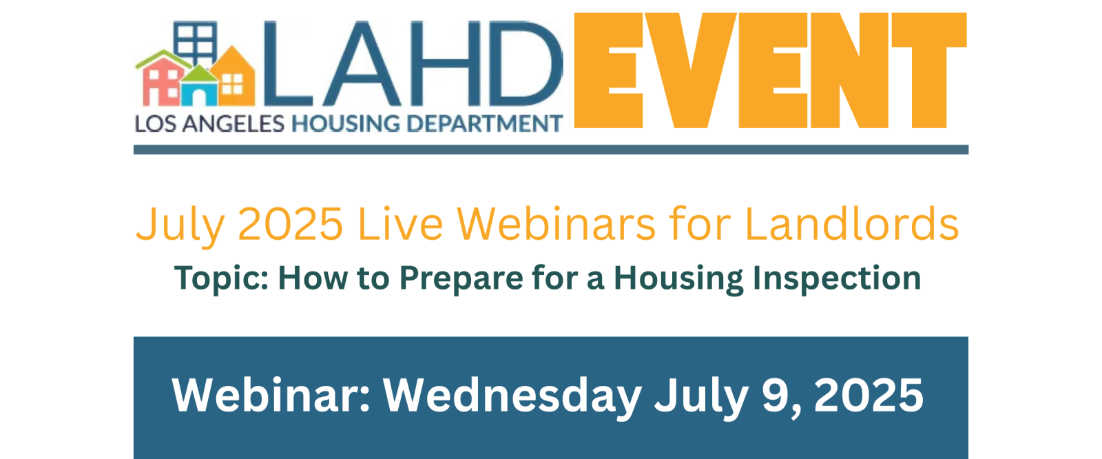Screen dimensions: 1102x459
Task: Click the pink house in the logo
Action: pos(160,81)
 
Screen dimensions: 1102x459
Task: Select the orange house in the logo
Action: pos(233,76)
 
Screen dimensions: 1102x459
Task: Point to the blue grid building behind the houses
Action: pos(196,42)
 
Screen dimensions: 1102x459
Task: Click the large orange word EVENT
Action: pos(771,70)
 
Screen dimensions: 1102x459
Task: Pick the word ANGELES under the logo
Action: pos(233,123)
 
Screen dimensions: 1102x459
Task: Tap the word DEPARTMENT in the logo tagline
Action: pos(485,123)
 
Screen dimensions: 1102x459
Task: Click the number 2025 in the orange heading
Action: pos(290,224)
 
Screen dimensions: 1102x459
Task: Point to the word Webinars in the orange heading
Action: pos(556,224)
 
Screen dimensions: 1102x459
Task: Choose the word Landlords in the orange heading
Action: pos(851,224)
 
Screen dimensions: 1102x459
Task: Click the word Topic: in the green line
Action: pos(221,279)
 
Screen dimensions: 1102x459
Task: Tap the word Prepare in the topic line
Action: pos(461,279)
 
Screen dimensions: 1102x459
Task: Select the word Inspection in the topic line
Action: pos(837,279)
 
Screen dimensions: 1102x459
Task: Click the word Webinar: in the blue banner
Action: pos(271,396)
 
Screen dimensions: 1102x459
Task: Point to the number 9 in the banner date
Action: pos(774,396)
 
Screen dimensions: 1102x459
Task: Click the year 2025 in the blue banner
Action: pos(869,396)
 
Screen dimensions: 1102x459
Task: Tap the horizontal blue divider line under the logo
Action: pos(551,150)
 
